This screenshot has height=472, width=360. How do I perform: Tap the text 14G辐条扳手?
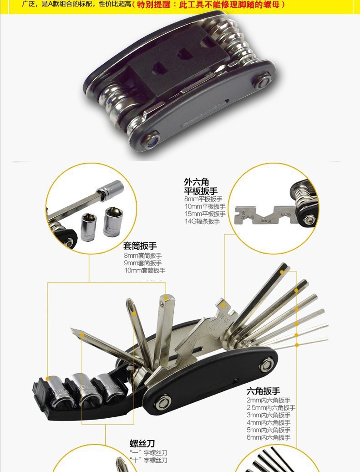click(202, 221)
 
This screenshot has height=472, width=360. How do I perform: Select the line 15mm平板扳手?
click(204, 214)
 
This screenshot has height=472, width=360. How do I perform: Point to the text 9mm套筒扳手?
click(142, 263)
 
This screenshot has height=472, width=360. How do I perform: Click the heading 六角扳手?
click(263, 391)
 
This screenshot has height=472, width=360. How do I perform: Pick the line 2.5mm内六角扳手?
click(271, 408)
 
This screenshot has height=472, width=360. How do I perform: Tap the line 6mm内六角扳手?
click(268, 437)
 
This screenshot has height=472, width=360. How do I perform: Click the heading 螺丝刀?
click(142, 443)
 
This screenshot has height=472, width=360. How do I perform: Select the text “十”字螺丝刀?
click(148, 460)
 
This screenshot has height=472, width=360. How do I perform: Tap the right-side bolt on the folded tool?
click(263, 82)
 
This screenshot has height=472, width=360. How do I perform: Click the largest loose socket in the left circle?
click(113, 221)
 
